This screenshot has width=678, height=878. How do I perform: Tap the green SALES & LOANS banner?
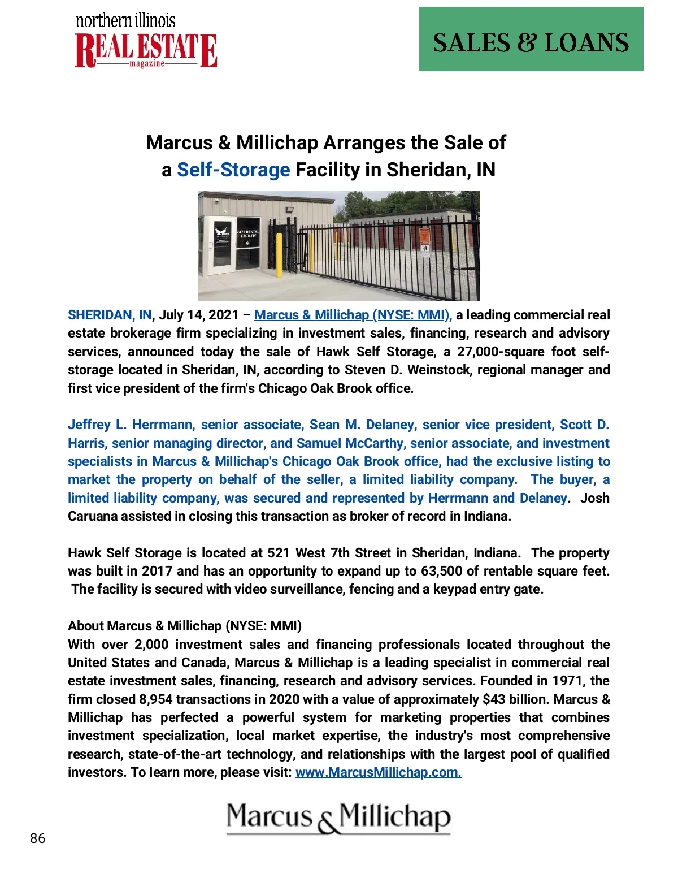[531, 39]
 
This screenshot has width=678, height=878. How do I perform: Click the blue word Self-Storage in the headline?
[233, 170]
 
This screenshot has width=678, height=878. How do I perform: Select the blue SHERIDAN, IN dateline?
[110, 315]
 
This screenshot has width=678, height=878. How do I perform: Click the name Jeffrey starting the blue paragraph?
[89, 425]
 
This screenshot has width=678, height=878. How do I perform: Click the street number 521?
[279, 553]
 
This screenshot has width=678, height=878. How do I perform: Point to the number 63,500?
[441, 571]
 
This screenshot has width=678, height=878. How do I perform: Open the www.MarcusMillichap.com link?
[378, 772]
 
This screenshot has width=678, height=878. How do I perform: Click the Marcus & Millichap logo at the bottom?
[339, 818]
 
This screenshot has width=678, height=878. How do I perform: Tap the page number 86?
[38, 838]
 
